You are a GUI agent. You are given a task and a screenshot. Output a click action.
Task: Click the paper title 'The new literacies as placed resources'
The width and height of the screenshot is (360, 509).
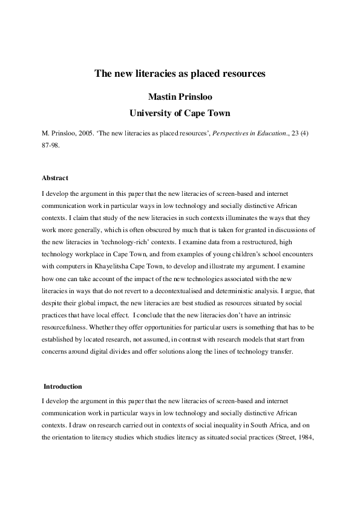(x=180, y=74)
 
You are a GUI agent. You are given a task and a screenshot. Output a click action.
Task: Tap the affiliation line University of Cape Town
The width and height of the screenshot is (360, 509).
(x=180, y=112)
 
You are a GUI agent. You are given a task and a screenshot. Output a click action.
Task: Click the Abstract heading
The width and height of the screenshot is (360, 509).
(x=55, y=178)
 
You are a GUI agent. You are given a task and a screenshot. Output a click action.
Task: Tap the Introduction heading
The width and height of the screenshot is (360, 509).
(x=63, y=386)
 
